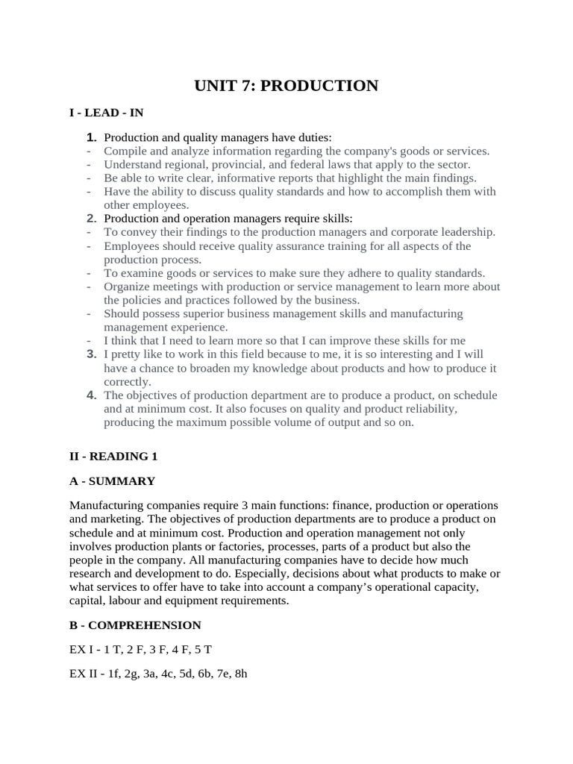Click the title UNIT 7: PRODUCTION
[286, 86]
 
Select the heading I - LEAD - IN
[106, 113]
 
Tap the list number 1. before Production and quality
[92, 137]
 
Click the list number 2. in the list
[92, 218]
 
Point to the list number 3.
[92, 354]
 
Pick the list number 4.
[92, 395]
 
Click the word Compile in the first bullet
[124, 151]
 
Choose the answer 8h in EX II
[240, 674]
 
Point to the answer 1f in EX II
[111, 674]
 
